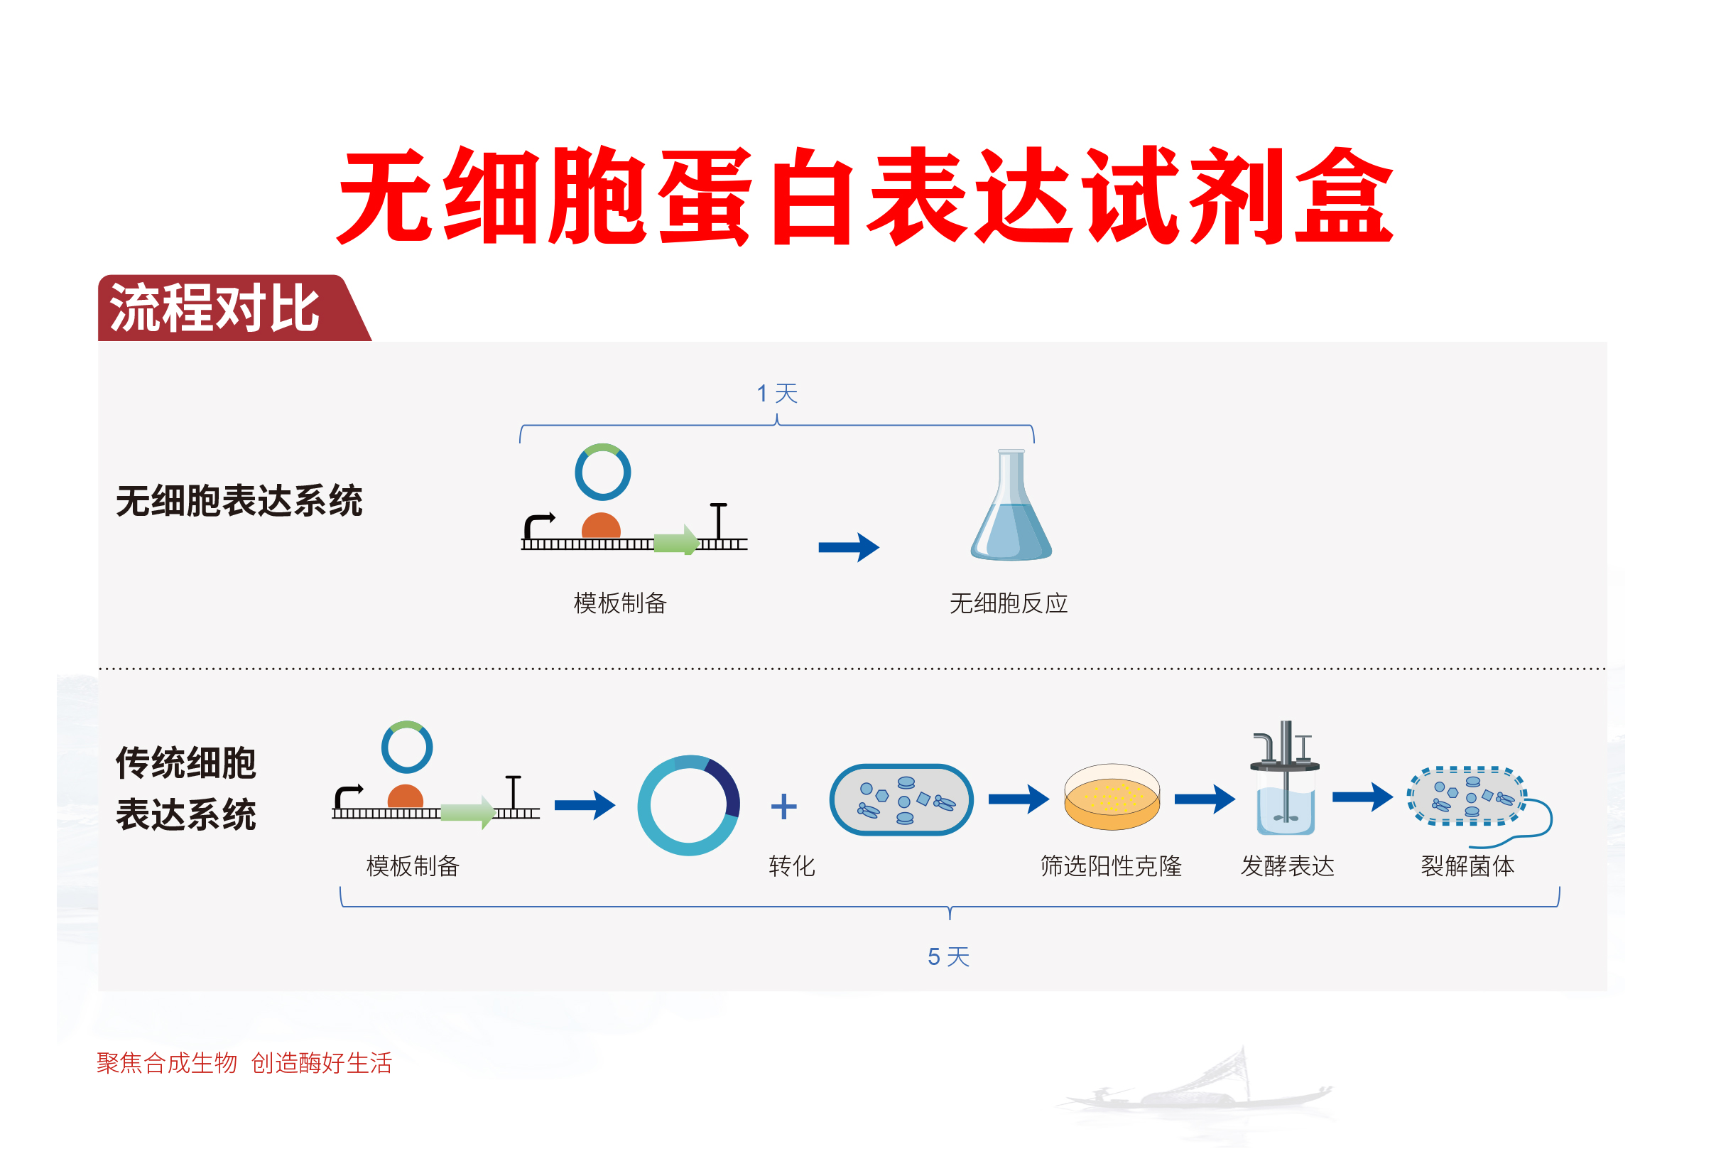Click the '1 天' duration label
[777, 393]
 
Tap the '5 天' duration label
[948, 956]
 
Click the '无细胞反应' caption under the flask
[1008, 603]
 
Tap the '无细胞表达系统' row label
[239, 501]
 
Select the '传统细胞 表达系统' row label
[186, 788]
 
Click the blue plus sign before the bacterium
[783, 806]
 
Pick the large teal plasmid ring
[688, 805]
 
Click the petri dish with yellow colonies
[1112, 798]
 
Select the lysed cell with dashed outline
[1467, 797]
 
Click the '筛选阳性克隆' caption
[1111, 865]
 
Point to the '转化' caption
[791, 865]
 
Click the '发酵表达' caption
[1287, 865]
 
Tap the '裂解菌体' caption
[1467, 865]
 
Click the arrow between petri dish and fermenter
[1204, 799]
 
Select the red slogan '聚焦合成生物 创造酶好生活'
[244, 1063]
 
